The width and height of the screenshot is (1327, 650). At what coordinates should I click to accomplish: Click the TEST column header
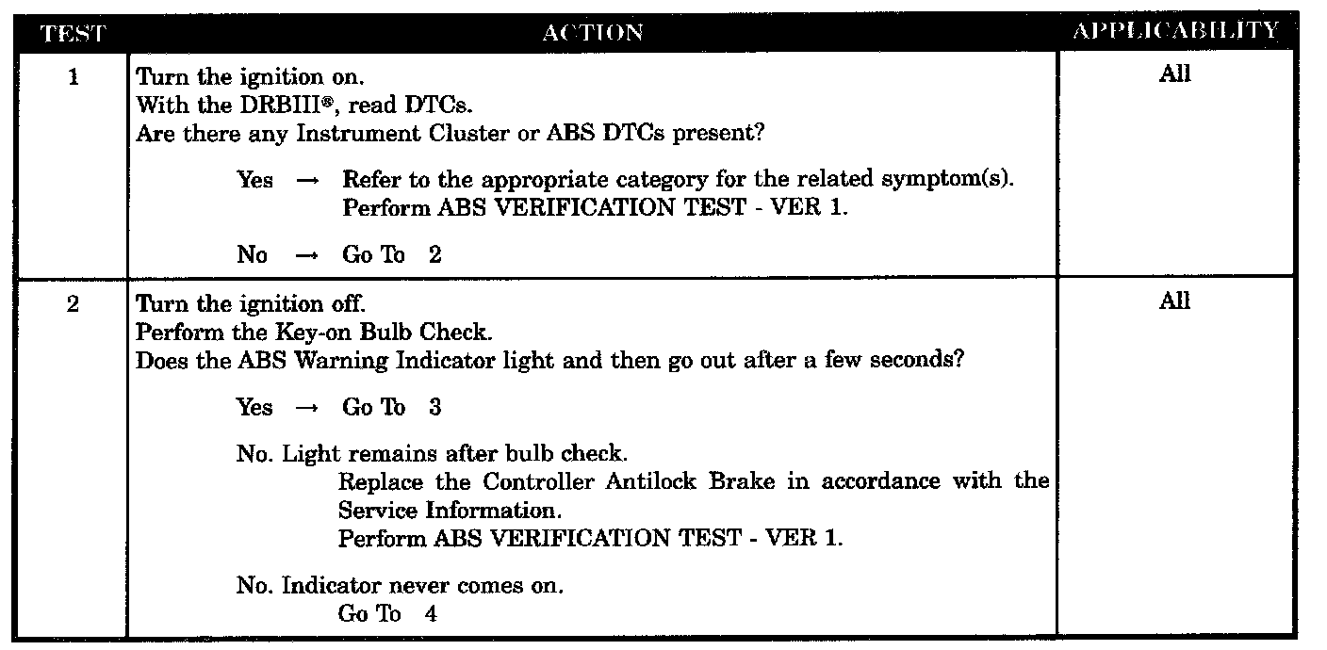click(x=73, y=33)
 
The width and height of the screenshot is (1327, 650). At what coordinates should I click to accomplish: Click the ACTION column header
click(x=593, y=33)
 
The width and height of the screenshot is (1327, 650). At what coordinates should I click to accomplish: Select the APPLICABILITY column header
click(x=1175, y=31)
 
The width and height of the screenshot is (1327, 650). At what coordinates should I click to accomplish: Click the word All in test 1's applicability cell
click(x=1174, y=74)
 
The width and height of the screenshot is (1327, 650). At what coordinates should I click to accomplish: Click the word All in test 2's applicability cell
click(x=1174, y=302)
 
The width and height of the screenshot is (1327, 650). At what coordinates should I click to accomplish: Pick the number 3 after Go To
click(x=434, y=408)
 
